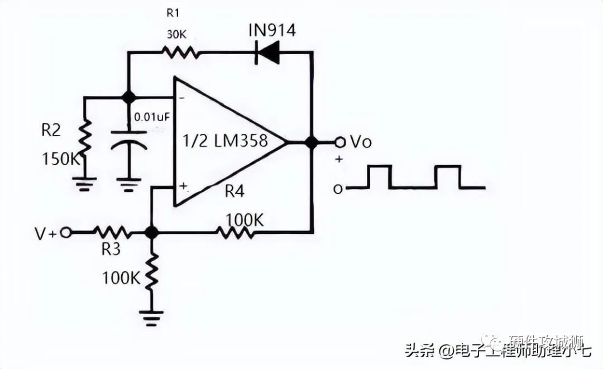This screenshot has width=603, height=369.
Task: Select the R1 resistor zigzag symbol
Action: tap(180, 53)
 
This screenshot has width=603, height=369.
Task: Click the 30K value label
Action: tap(176, 35)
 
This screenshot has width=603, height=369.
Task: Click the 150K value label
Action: tap(61, 160)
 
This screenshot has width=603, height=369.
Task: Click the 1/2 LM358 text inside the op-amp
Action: tap(226, 140)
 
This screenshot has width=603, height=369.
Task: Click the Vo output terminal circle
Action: tap(339, 142)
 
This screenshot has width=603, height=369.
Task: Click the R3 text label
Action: tap(111, 250)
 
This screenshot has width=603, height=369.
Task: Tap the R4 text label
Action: tap(235, 191)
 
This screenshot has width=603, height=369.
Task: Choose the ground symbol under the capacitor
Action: tap(129, 184)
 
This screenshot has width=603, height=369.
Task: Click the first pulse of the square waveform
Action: tap(379, 176)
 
